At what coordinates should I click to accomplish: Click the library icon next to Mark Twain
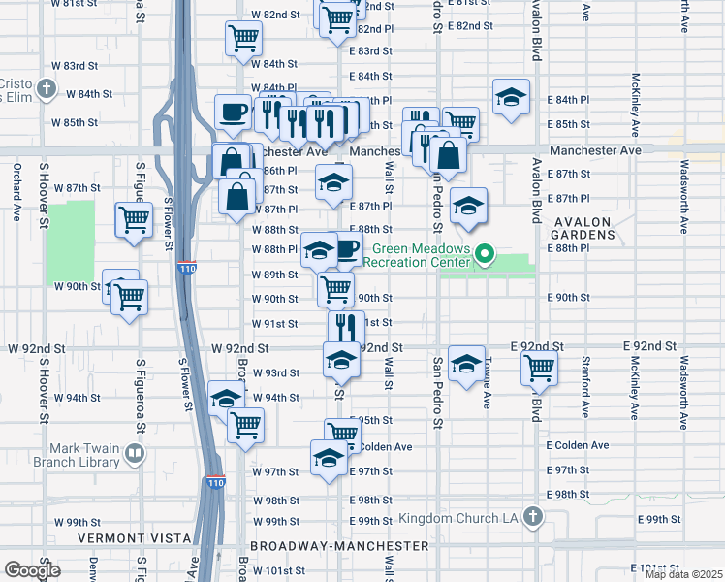point(136,452)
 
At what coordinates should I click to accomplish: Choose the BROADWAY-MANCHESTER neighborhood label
point(339,547)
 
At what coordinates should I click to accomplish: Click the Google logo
point(32,570)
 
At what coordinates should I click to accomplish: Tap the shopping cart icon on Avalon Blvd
point(539,368)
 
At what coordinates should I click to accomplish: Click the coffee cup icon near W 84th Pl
point(233,112)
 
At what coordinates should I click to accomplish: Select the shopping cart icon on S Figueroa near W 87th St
point(133,218)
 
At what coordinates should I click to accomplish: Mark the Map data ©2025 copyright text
point(683,574)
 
